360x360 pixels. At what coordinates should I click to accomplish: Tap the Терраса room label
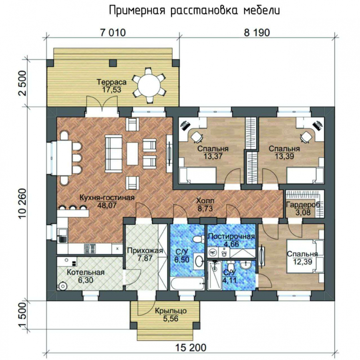click(x=111, y=82)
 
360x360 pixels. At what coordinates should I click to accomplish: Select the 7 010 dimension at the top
click(x=113, y=33)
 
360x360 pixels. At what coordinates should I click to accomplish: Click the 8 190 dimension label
click(x=257, y=33)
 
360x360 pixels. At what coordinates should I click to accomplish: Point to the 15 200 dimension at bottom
click(x=191, y=347)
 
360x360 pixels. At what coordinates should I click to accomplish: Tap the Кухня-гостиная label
click(x=107, y=198)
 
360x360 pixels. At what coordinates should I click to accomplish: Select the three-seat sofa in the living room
click(x=114, y=153)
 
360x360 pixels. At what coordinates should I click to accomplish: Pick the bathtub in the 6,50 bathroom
click(x=187, y=283)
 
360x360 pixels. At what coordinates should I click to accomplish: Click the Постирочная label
click(x=231, y=236)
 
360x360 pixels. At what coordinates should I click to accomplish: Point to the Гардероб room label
click(x=303, y=205)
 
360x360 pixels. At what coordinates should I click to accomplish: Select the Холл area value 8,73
click(x=205, y=208)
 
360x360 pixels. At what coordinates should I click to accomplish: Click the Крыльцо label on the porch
click(x=171, y=311)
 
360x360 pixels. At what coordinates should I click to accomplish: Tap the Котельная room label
click(x=86, y=272)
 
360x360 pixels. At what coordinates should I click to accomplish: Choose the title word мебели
click(x=261, y=11)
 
